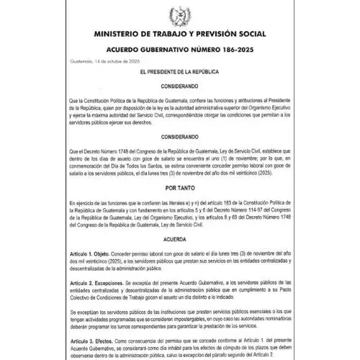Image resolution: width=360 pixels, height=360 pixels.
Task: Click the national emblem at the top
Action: [180, 16]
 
